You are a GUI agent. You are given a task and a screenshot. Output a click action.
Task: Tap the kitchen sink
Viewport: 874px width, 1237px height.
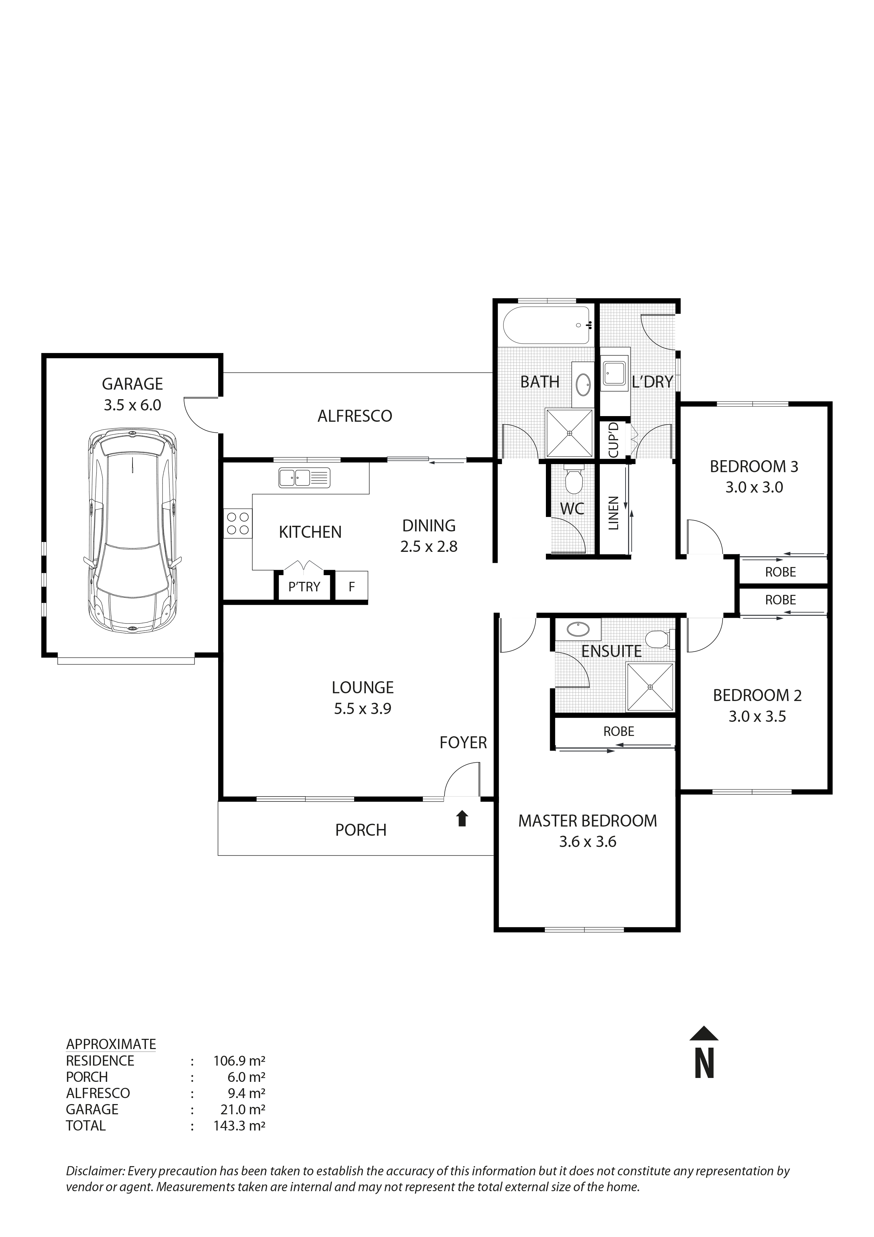click(304, 478)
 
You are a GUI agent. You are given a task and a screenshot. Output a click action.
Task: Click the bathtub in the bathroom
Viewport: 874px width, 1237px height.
click(547, 325)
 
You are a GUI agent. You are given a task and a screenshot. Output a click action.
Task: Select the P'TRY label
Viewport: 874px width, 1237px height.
click(304, 587)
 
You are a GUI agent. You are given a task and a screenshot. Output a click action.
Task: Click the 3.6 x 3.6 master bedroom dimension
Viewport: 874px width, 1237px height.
click(587, 842)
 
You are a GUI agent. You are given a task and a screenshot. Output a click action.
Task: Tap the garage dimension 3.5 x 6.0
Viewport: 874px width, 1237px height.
click(133, 405)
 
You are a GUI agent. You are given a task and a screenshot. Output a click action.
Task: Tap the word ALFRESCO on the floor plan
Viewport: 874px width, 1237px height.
click(355, 416)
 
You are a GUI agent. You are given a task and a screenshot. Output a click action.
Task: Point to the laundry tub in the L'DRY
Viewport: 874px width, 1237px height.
click(614, 372)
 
